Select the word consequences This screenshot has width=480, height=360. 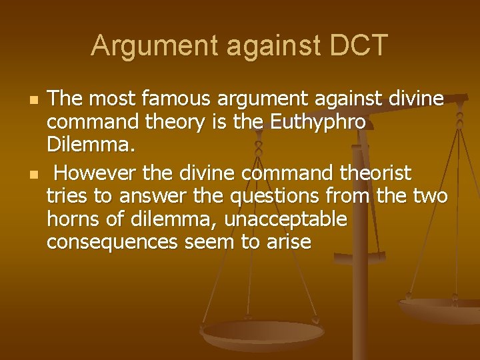click(110, 241)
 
